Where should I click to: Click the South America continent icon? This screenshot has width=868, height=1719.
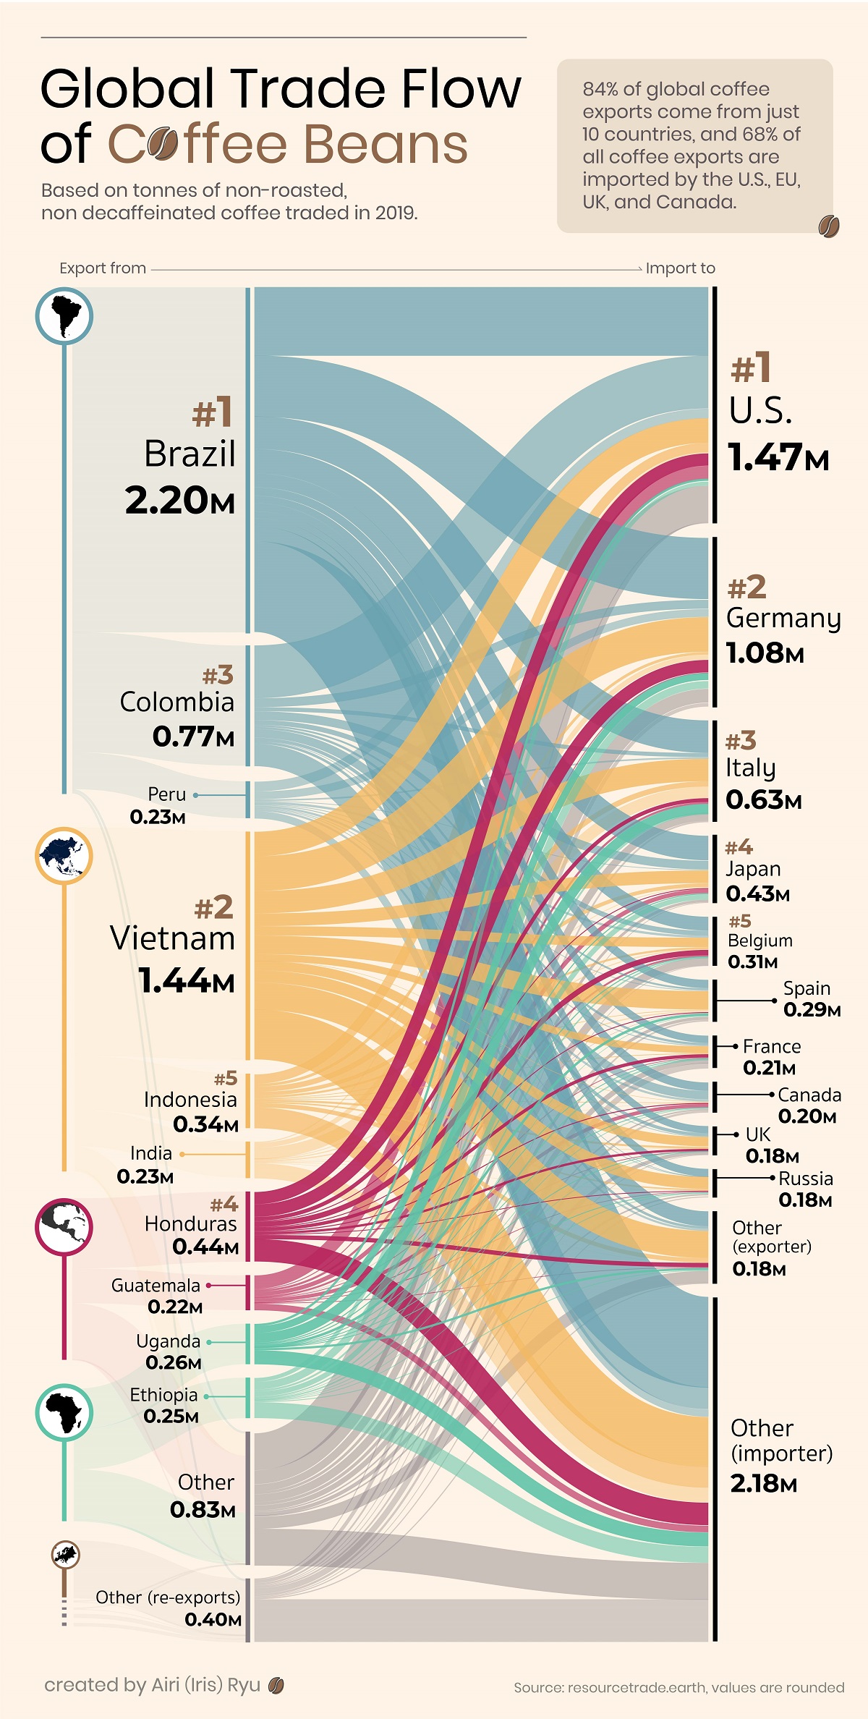coord(64,315)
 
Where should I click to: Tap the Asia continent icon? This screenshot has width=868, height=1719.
coord(64,855)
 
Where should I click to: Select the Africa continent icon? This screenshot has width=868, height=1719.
coord(64,1413)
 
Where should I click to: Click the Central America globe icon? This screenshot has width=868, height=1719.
coord(64,1226)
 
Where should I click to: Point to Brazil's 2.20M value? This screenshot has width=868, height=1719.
coord(179,501)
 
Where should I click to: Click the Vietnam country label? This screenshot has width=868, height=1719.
coord(173,938)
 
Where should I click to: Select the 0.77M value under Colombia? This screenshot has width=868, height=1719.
coord(193,737)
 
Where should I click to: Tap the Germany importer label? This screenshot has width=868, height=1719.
coord(783,619)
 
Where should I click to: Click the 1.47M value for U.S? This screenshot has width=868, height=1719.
coord(778,458)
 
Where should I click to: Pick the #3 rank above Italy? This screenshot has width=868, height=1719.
coord(741,741)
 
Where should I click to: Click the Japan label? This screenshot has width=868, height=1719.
coord(753,869)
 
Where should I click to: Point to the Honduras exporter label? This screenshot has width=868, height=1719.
coord(190,1223)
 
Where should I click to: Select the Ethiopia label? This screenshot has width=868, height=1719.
coord(163,1394)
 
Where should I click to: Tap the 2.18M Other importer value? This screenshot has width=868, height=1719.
coord(763,1484)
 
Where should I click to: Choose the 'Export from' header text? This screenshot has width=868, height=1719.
coord(103,268)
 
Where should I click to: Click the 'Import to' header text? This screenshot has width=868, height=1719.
coord(680,268)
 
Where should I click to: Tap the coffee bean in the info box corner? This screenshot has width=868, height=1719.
coord(828,226)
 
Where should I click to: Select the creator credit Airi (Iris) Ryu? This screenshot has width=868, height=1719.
coord(205,1685)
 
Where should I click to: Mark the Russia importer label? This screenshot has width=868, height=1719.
coord(805,1179)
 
